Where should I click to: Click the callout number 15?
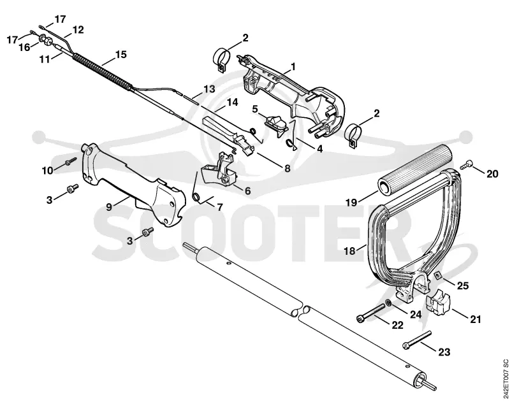[x=120, y=54]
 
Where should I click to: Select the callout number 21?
[x=475, y=319]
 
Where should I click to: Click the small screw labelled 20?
[x=467, y=164]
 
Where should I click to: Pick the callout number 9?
[x=109, y=206]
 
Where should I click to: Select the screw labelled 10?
[x=70, y=161]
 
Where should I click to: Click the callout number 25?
[x=463, y=285]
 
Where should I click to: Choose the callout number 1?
[x=293, y=67]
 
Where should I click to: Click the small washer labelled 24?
[x=388, y=303]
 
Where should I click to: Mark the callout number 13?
[x=210, y=89]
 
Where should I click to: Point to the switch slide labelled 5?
[x=277, y=124]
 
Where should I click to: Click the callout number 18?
[x=349, y=251]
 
